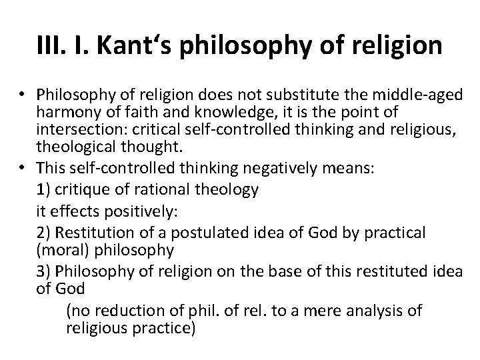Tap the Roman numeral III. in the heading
click(55, 46)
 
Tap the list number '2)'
click(45, 233)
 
